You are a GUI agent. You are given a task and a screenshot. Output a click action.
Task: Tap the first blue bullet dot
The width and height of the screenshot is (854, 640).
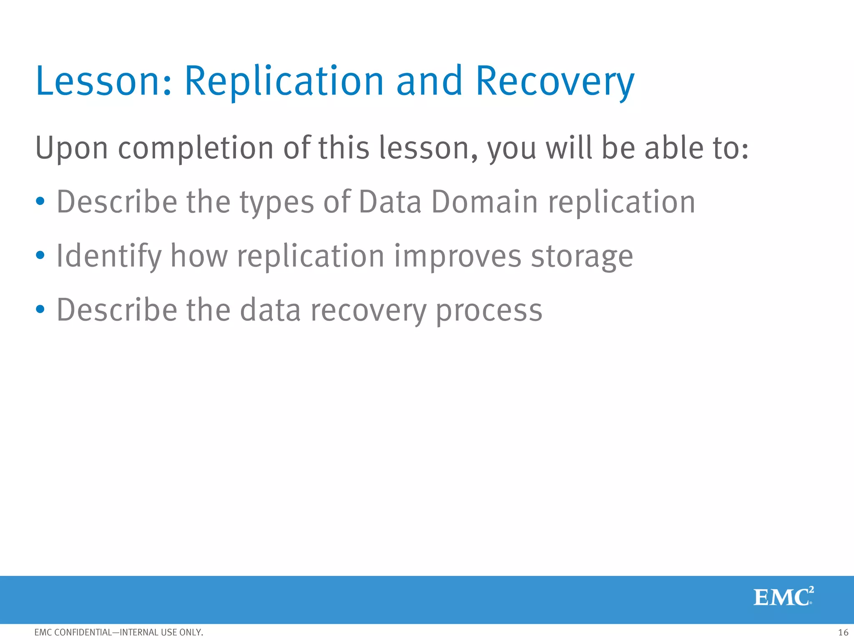pyautogui.click(x=40, y=202)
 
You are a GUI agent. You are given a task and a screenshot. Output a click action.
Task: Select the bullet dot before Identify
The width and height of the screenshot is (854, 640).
pyautogui.click(x=40, y=255)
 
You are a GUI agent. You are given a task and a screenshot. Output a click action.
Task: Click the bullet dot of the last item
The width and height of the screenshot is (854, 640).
pyautogui.click(x=40, y=309)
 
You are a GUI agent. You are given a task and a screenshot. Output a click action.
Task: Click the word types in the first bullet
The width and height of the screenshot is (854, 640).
pyautogui.click(x=276, y=202)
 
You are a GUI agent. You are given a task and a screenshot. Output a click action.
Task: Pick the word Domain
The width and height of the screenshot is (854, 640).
pyautogui.click(x=484, y=202)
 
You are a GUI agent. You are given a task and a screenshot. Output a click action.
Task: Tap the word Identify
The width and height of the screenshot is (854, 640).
pyautogui.click(x=109, y=256)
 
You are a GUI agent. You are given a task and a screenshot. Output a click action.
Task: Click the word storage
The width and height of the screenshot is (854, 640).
pyautogui.click(x=582, y=257)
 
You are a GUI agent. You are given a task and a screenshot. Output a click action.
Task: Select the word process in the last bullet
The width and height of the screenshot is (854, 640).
pyautogui.click(x=489, y=311)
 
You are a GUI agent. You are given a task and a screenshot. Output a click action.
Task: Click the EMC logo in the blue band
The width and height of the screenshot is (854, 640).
pyautogui.click(x=783, y=597)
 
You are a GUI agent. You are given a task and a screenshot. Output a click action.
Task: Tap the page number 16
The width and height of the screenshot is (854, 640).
pyautogui.click(x=843, y=632)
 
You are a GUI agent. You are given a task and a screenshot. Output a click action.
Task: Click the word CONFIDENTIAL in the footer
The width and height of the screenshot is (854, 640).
pyautogui.click(x=83, y=632)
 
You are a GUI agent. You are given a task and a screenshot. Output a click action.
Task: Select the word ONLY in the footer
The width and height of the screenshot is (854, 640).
pyautogui.click(x=191, y=632)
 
